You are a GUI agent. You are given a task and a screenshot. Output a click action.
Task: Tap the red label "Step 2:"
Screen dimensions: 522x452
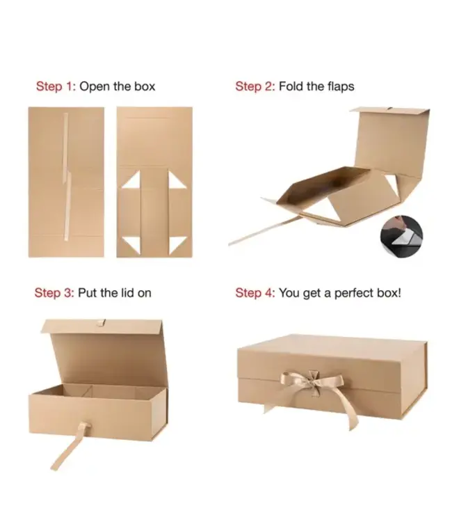point(255,87)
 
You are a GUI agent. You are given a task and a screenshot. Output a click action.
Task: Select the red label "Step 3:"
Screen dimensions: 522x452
point(54,293)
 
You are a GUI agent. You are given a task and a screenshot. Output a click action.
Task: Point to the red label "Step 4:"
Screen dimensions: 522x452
point(255,293)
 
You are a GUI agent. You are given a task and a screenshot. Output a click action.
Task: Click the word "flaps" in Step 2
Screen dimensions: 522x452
point(341,87)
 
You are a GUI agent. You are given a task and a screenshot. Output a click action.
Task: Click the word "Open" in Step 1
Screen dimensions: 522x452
point(94,87)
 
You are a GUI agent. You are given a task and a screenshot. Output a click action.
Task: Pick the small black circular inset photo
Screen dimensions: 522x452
point(402,237)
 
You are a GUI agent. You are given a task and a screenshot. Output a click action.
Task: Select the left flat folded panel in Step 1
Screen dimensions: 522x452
point(66,182)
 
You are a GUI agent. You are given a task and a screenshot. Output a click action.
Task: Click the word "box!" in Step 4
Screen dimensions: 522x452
point(388,293)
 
